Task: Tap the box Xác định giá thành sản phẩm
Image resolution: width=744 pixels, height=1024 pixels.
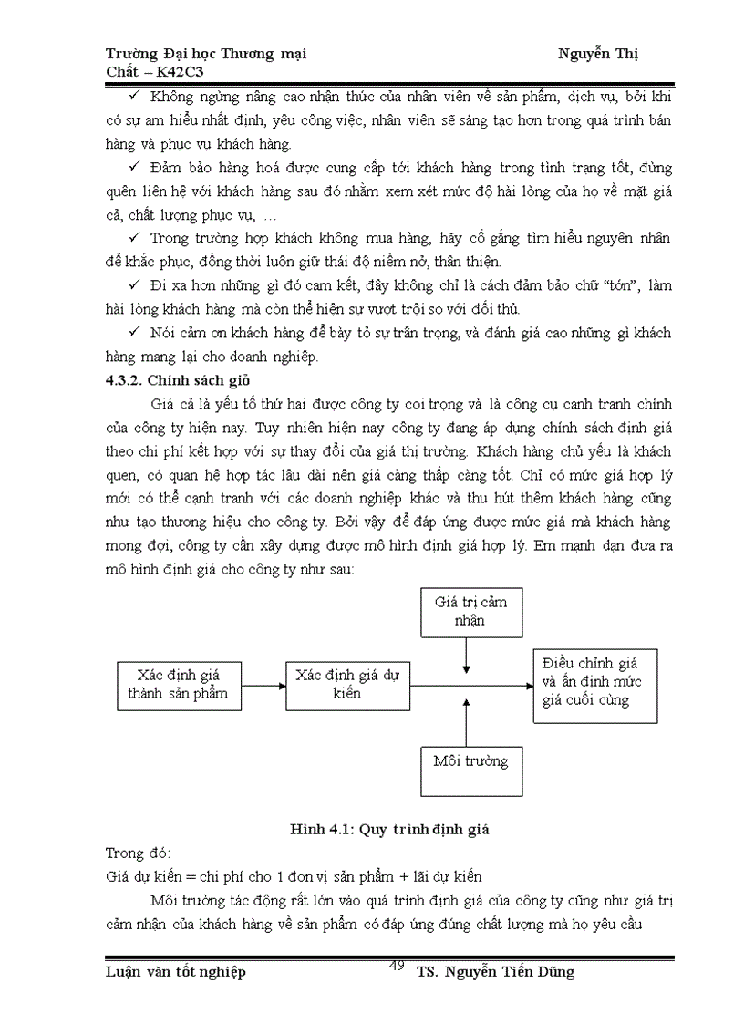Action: pyautogui.click(x=178, y=687)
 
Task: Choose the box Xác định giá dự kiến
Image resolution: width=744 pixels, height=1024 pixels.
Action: pyautogui.click(x=347, y=685)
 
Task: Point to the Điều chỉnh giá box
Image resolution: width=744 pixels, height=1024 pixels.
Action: pyautogui.click(x=584, y=686)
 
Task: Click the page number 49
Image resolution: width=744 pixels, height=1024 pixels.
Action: pyautogui.click(x=397, y=966)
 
